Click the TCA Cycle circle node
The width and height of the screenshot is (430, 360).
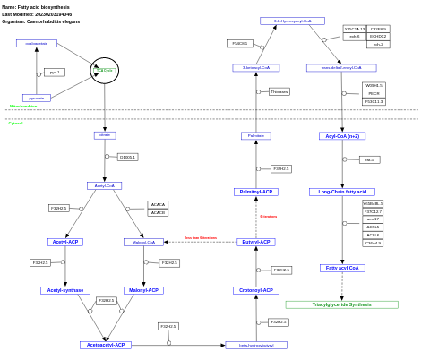point(105,70)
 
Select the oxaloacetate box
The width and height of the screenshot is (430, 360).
point(37,43)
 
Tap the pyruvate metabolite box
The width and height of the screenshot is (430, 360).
point(37,98)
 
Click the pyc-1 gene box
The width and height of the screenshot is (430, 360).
point(55,73)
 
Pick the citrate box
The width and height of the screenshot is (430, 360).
point(105,135)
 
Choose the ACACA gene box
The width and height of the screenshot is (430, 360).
point(158,204)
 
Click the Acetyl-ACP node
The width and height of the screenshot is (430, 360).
point(65,242)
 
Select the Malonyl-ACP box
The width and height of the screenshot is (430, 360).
point(143,290)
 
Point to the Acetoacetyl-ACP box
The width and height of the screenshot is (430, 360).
point(106,345)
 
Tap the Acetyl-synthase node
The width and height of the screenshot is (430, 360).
point(65,290)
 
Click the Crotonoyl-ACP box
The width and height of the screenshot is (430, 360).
point(256,290)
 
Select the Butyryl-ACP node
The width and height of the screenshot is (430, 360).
point(256,242)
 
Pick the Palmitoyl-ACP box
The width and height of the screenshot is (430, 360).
point(256,192)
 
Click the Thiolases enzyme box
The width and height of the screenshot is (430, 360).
point(279,91)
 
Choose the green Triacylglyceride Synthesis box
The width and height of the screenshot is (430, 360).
point(341,304)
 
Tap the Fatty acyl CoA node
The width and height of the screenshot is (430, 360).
point(342,268)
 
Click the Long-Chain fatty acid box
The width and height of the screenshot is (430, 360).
point(342,192)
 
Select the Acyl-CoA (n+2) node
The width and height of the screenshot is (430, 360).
point(342,136)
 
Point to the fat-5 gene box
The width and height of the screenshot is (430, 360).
point(369,159)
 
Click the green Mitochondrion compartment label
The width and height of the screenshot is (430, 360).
point(23,107)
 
